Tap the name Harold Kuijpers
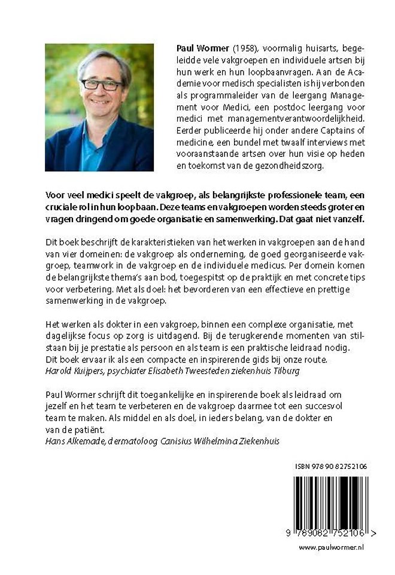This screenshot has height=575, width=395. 72,371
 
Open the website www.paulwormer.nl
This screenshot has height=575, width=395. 331,547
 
